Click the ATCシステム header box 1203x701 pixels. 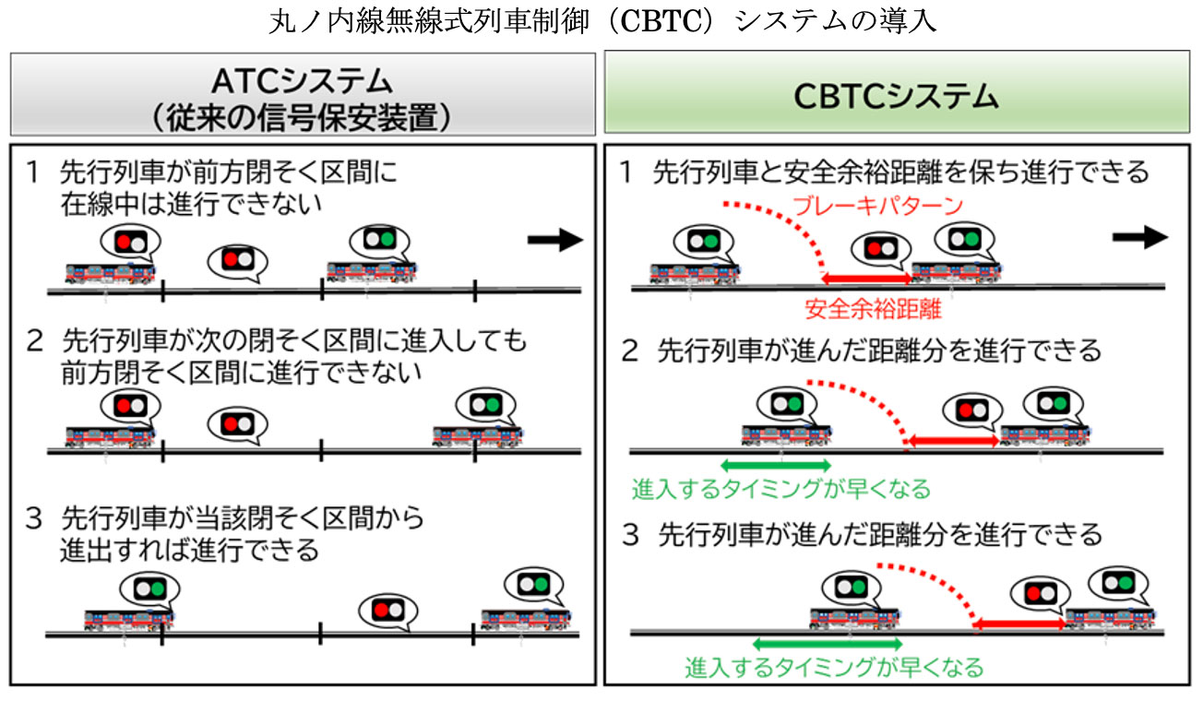[303, 92]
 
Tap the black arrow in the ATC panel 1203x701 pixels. [555, 242]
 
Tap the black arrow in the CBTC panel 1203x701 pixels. [1140, 237]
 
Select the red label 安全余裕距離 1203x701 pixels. [873, 308]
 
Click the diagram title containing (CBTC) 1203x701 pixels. [601, 20]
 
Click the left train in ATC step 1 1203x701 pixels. [111, 272]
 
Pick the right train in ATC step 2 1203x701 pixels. [478, 434]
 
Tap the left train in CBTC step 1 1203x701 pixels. [696, 272]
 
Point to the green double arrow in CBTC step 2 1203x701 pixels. [775, 465]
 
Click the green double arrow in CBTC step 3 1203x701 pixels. [827, 644]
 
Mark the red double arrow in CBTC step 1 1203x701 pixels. [867, 278]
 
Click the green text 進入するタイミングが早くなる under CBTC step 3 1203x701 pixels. [834, 666]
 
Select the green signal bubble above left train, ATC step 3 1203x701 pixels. [149, 587]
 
